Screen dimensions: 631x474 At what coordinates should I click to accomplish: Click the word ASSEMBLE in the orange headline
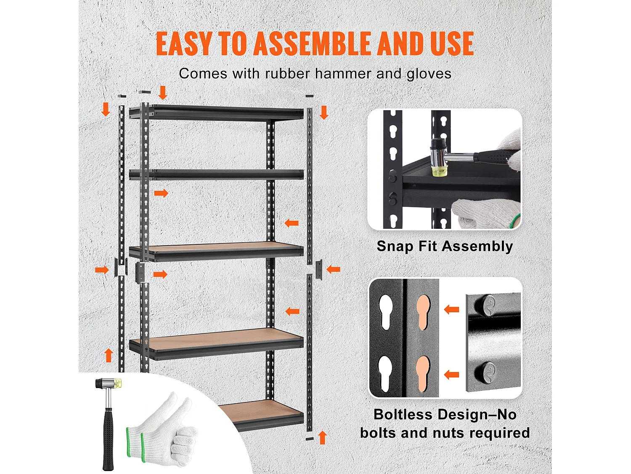(x=312, y=43)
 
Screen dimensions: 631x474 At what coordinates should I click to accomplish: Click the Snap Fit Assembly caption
(x=445, y=246)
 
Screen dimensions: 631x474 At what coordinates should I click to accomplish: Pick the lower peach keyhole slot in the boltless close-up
(x=423, y=374)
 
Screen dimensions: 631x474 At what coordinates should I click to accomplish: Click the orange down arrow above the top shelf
(x=163, y=92)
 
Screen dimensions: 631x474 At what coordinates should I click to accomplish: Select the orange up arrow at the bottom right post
(x=323, y=437)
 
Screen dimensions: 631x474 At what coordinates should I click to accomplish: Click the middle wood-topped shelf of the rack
(x=217, y=252)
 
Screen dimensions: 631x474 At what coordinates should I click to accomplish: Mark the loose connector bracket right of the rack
(x=319, y=269)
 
